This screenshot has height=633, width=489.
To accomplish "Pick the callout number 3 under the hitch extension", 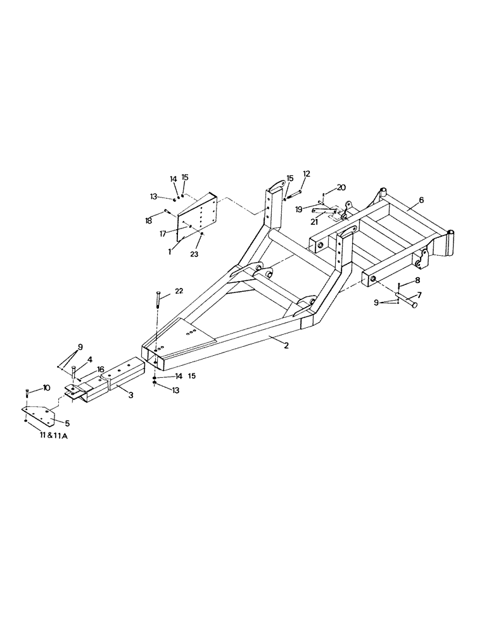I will point(130,396).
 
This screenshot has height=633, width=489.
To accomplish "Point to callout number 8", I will point(417,280).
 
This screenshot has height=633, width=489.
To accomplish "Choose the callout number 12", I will point(307,173).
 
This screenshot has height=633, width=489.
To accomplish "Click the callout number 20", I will point(341,187).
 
